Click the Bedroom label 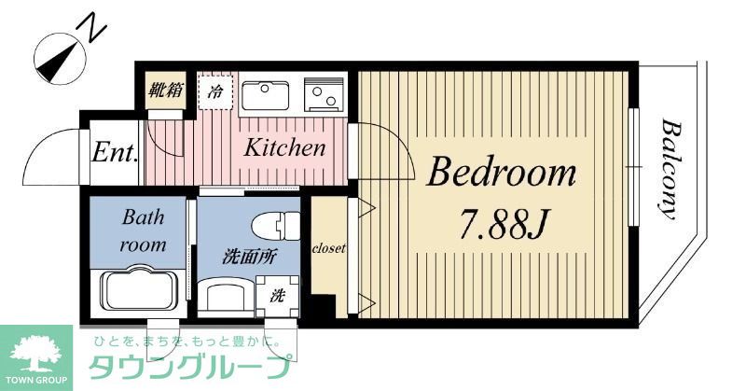(x=502, y=173)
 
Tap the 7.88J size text (x=502, y=223)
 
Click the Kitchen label (x=285, y=147)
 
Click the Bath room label (x=144, y=231)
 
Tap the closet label (x=328, y=249)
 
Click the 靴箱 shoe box (x=167, y=91)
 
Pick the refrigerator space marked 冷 (x=214, y=92)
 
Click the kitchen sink (x=267, y=94)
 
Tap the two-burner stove (x=324, y=94)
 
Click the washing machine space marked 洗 (x=278, y=296)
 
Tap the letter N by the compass (x=93, y=29)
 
